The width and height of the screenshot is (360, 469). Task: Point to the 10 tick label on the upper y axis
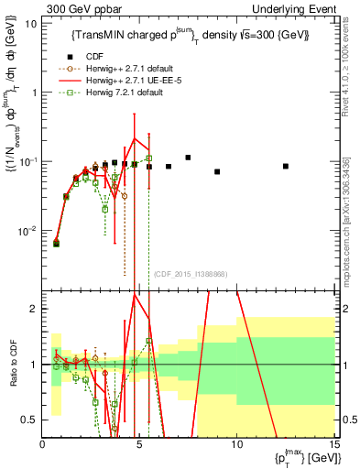point(30,24)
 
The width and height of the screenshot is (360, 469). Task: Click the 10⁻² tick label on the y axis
point(27,230)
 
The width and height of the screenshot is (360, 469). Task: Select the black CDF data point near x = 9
point(217,171)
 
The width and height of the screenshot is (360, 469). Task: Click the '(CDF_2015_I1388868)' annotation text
point(190,274)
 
